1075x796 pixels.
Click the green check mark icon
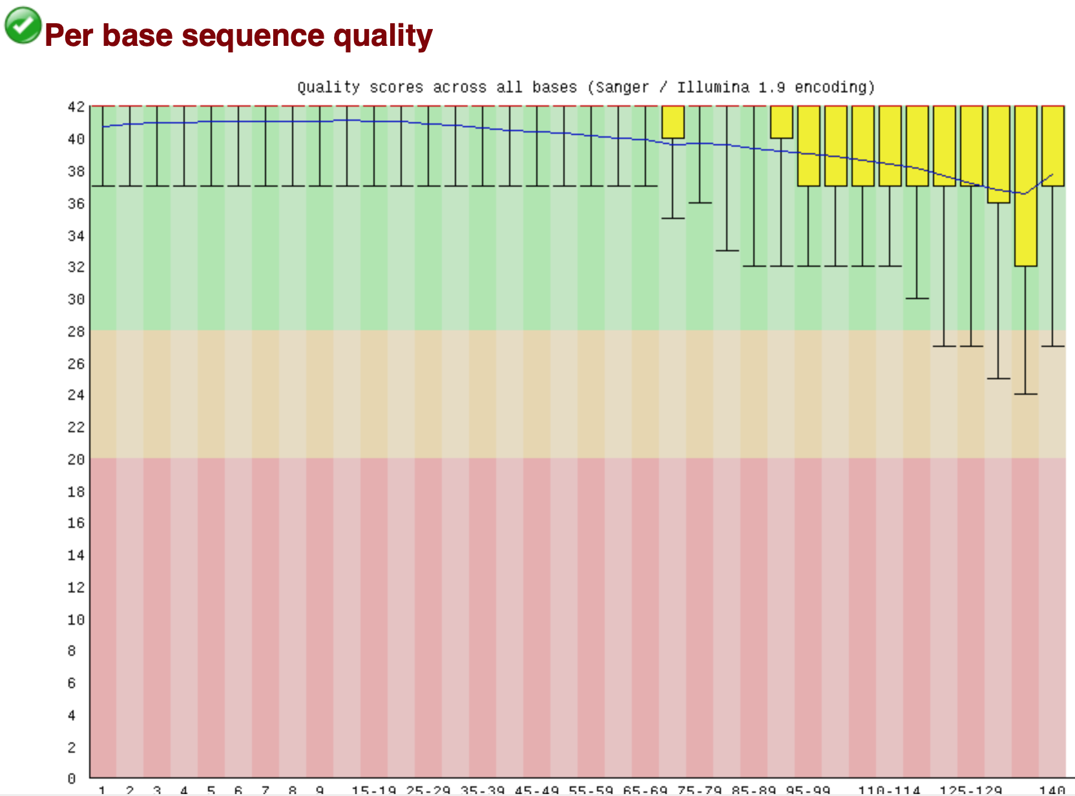point(23,26)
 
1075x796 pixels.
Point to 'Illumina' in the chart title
point(713,87)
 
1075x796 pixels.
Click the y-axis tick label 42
point(76,107)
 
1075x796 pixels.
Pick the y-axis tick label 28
point(76,331)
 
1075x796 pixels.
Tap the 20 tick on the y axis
point(76,459)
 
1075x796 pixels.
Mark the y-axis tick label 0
point(72,779)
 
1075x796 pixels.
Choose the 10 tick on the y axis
point(76,620)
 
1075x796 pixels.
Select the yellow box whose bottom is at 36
point(998,154)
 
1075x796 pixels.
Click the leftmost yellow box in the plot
point(673,122)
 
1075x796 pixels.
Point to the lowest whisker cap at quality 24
point(1025,394)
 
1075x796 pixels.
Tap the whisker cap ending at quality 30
point(917,298)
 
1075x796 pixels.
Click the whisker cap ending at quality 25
point(998,379)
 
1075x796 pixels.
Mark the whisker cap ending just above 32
point(727,251)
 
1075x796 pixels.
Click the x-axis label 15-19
point(373,790)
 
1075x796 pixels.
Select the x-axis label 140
point(1052,790)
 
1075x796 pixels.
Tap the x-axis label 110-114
point(889,790)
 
